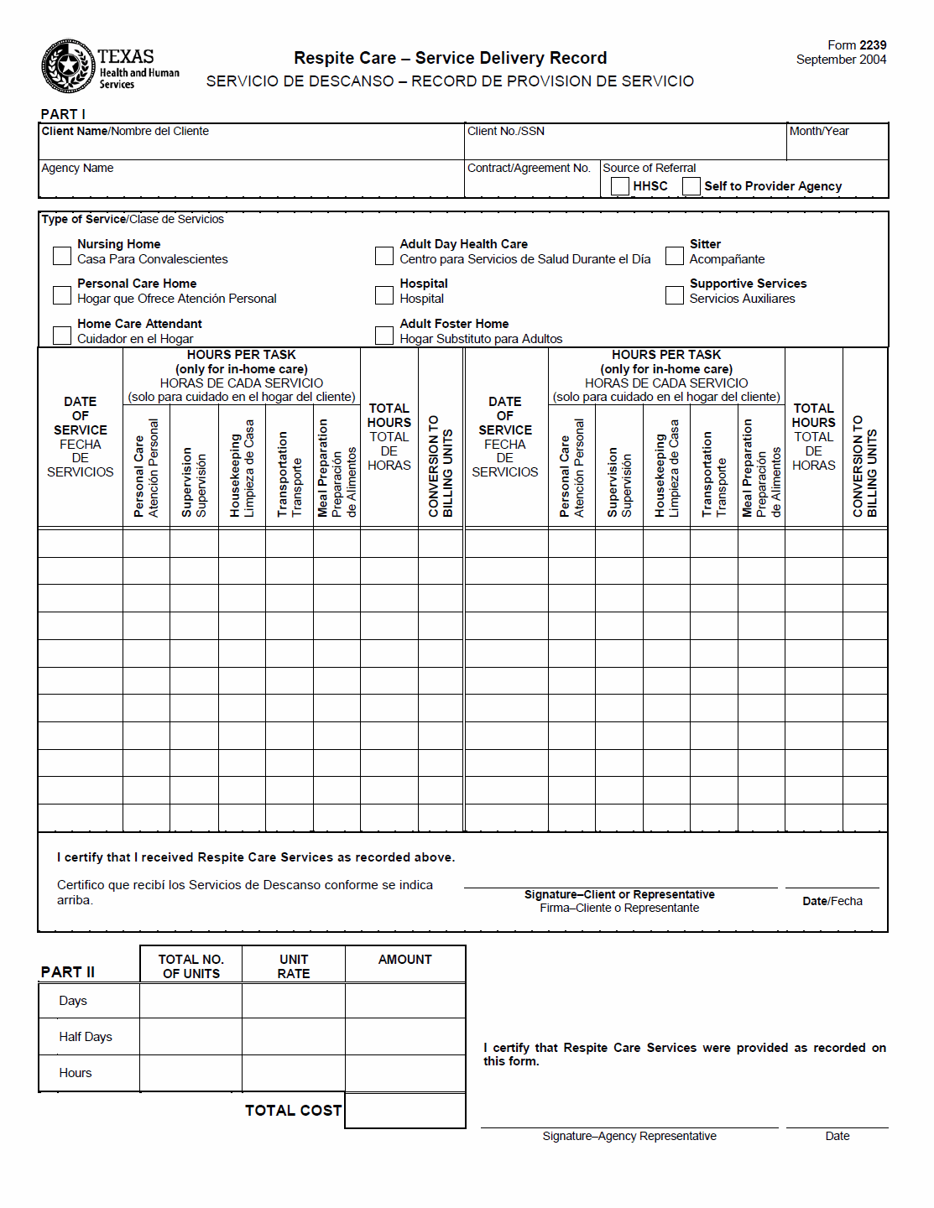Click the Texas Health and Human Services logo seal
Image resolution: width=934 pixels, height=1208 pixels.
pos(69,66)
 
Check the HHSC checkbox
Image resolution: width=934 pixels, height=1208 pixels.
pos(620,186)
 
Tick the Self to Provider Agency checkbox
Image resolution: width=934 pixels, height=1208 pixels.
pos(691,186)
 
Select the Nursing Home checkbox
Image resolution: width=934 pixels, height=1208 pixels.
pos(62,255)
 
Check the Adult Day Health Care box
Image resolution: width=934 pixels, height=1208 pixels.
pos(384,255)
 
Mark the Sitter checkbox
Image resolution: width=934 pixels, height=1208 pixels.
pos(675,255)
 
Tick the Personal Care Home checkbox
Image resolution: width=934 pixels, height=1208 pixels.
pos(62,295)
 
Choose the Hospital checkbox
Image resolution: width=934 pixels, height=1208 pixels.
pos(384,295)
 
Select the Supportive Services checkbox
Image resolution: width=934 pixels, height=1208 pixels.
pos(675,295)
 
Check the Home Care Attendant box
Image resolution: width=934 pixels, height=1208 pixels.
pos(62,336)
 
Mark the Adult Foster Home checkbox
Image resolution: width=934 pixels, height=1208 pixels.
pos(384,336)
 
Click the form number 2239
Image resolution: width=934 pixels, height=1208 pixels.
pos(873,45)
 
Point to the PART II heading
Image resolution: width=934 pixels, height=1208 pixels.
pos(68,972)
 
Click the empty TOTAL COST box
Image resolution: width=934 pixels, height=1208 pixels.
pos(404,1111)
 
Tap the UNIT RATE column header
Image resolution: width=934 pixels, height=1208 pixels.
pos(294,966)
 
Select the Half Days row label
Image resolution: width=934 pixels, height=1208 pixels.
pos(86,1037)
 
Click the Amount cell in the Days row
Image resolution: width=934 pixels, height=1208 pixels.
pos(404,1001)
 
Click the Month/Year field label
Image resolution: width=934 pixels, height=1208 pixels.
pos(819,131)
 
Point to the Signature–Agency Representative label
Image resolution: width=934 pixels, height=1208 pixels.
pos(629,1136)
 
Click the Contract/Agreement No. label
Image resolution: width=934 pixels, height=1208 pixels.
pos(529,168)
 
